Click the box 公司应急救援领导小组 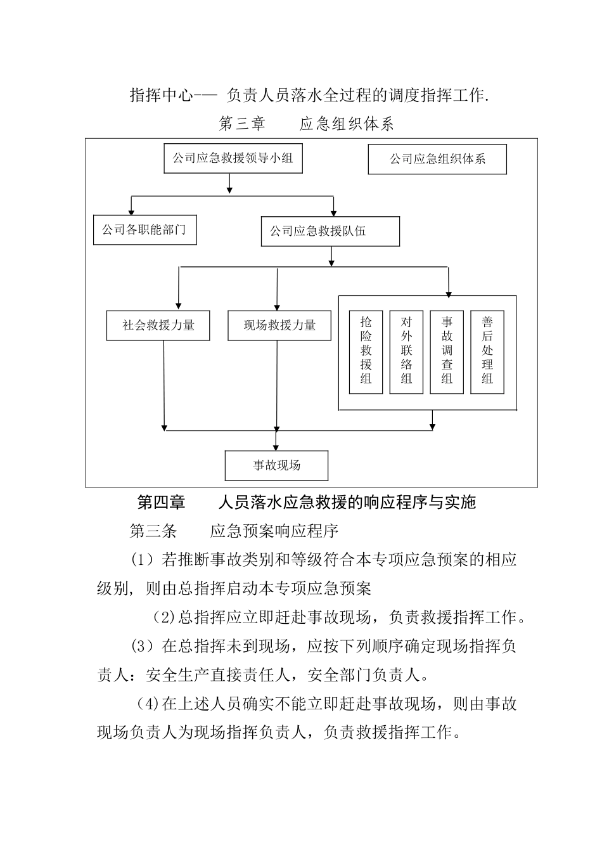click(233, 158)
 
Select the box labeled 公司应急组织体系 click(437, 159)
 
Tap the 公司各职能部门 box click(144, 230)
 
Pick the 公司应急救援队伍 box click(330, 231)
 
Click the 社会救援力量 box click(158, 325)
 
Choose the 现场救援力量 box click(279, 325)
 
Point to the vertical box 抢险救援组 click(366, 352)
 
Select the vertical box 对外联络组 click(406, 352)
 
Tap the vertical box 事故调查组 click(447, 352)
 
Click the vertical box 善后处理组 click(487, 352)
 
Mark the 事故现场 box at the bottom click(276, 466)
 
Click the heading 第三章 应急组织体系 click(307, 124)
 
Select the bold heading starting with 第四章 click(307, 503)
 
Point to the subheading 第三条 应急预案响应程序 click(234, 531)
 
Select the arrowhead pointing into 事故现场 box click(276, 447)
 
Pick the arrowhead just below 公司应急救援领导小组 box click(229, 189)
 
